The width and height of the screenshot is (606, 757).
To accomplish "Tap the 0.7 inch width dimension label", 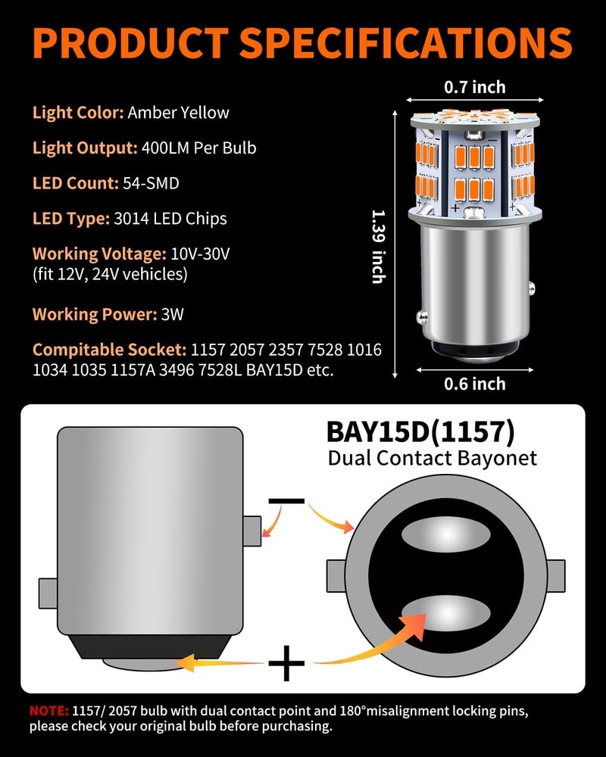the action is pyautogui.click(x=474, y=87).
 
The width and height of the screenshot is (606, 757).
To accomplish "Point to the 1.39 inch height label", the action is pyautogui.click(x=379, y=246).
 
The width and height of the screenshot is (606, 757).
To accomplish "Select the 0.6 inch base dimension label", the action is pyautogui.click(x=474, y=384).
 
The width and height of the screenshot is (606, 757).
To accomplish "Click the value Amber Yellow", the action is pyautogui.click(x=178, y=113).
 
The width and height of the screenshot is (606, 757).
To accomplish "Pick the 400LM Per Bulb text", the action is pyautogui.click(x=198, y=148).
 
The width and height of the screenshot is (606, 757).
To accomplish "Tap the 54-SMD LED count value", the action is pyautogui.click(x=151, y=183).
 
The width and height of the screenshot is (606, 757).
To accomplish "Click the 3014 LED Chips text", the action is pyautogui.click(x=170, y=219).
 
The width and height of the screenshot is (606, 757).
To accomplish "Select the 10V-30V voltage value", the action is pyautogui.click(x=200, y=254).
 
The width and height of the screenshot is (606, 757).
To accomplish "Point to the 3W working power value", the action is pyautogui.click(x=172, y=314).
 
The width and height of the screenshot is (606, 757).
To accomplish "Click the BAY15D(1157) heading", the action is pyautogui.click(x=420, y=431).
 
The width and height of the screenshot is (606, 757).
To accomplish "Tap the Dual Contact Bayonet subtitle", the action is pyautogui.click(x=432, y=458).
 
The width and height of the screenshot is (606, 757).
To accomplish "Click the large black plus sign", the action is pyautogui.click(x=286, y=663).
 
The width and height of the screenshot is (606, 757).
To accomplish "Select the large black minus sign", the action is pyautogui.click(x=286, y=501).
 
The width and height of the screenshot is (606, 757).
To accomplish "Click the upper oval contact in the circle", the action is pyautogui.click(x=445, y=535).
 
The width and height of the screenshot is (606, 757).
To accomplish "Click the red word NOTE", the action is pyautogui.click(x=48, y=711).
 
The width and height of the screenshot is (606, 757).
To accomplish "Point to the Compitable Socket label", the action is pyautogui.click(x=109, y=350).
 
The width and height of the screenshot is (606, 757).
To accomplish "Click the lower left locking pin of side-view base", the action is pyautogui.click(x=48, y=593).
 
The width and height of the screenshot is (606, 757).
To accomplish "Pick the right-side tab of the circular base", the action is pyautogui.click(x=556, y=575).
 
